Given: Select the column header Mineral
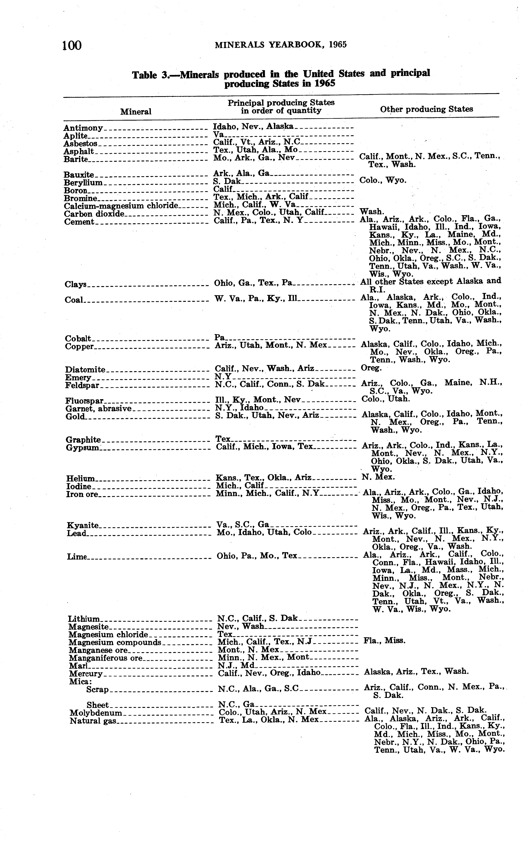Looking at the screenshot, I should pos(136,112).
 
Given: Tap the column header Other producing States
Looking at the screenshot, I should pos(426,109).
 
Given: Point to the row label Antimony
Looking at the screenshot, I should pos(83,128).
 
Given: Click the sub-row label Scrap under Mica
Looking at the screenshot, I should pos(97,689).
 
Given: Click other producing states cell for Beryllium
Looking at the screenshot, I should pos(383,180).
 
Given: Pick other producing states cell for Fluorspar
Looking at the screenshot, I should pos(386,399).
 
